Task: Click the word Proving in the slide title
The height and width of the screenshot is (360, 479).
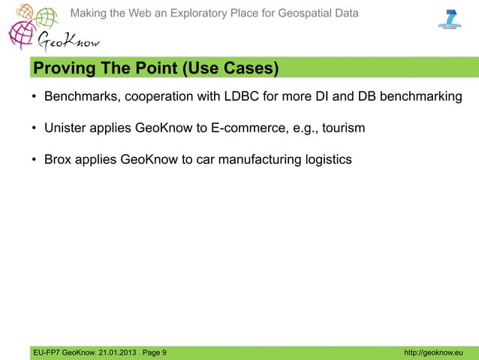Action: coord(56,69)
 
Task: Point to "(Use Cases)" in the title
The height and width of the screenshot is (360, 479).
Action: coord(229,69)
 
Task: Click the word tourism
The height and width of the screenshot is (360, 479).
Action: coord(343,129)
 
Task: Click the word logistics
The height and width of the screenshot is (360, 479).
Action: coord(326,159)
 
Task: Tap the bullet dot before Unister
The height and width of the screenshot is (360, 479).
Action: coord(34,129)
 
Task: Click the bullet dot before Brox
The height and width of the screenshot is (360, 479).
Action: coord(34,159)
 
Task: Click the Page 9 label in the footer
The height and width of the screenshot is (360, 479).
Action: coord(155,352)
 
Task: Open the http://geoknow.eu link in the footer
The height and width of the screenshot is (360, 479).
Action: coord(433,352)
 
